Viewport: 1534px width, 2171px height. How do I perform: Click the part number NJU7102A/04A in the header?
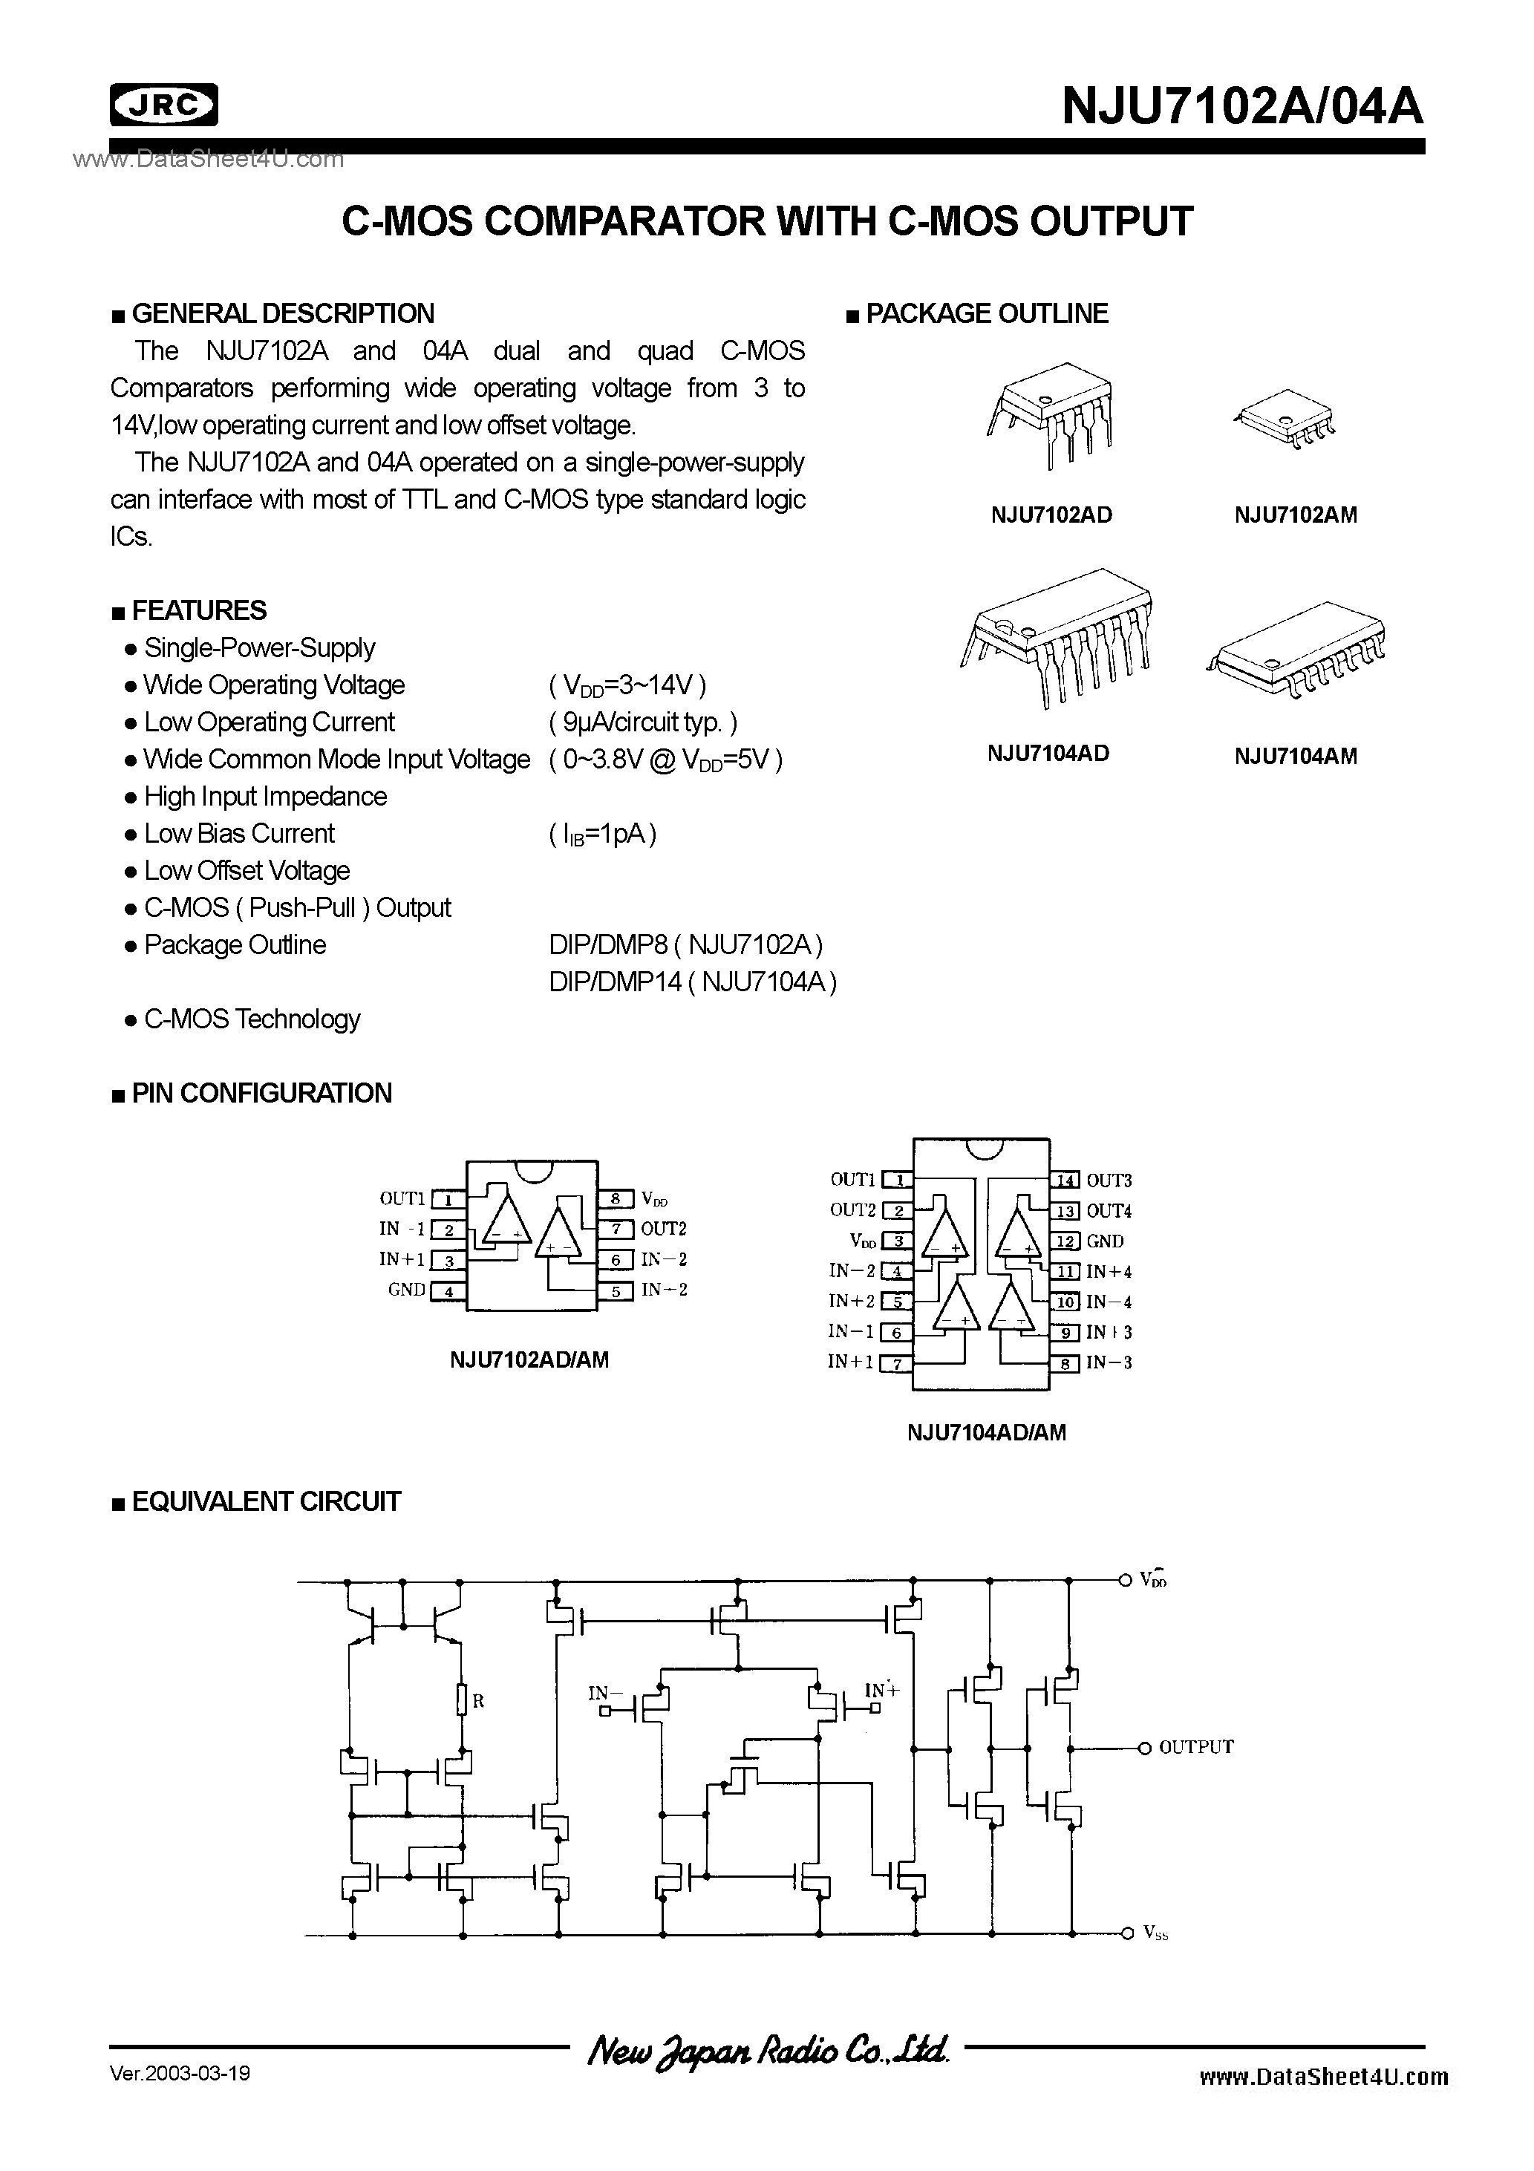click(1241, 106)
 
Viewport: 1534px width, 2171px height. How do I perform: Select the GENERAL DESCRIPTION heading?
click(282, 314)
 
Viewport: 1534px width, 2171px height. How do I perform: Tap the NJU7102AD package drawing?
click(1051, 415)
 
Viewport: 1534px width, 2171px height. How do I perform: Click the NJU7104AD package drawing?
click(1057, 639)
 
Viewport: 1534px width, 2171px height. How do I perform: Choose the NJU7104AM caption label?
click(1295, 757)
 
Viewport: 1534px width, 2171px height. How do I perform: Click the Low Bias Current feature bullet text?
click(239, 834)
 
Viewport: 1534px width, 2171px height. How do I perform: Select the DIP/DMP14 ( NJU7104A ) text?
click(692, 982)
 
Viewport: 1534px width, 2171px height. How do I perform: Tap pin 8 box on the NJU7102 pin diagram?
click(615, 1199)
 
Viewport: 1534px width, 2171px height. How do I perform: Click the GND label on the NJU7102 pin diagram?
click(407, 1290)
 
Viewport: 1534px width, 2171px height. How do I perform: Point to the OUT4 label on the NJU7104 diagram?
click(1109, 1211)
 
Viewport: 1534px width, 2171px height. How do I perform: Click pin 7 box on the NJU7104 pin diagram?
click(895, 1362)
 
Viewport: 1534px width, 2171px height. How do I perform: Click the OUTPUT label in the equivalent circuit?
click(1195, 1747)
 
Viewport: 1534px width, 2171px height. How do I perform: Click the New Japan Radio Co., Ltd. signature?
click(768, 2050)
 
